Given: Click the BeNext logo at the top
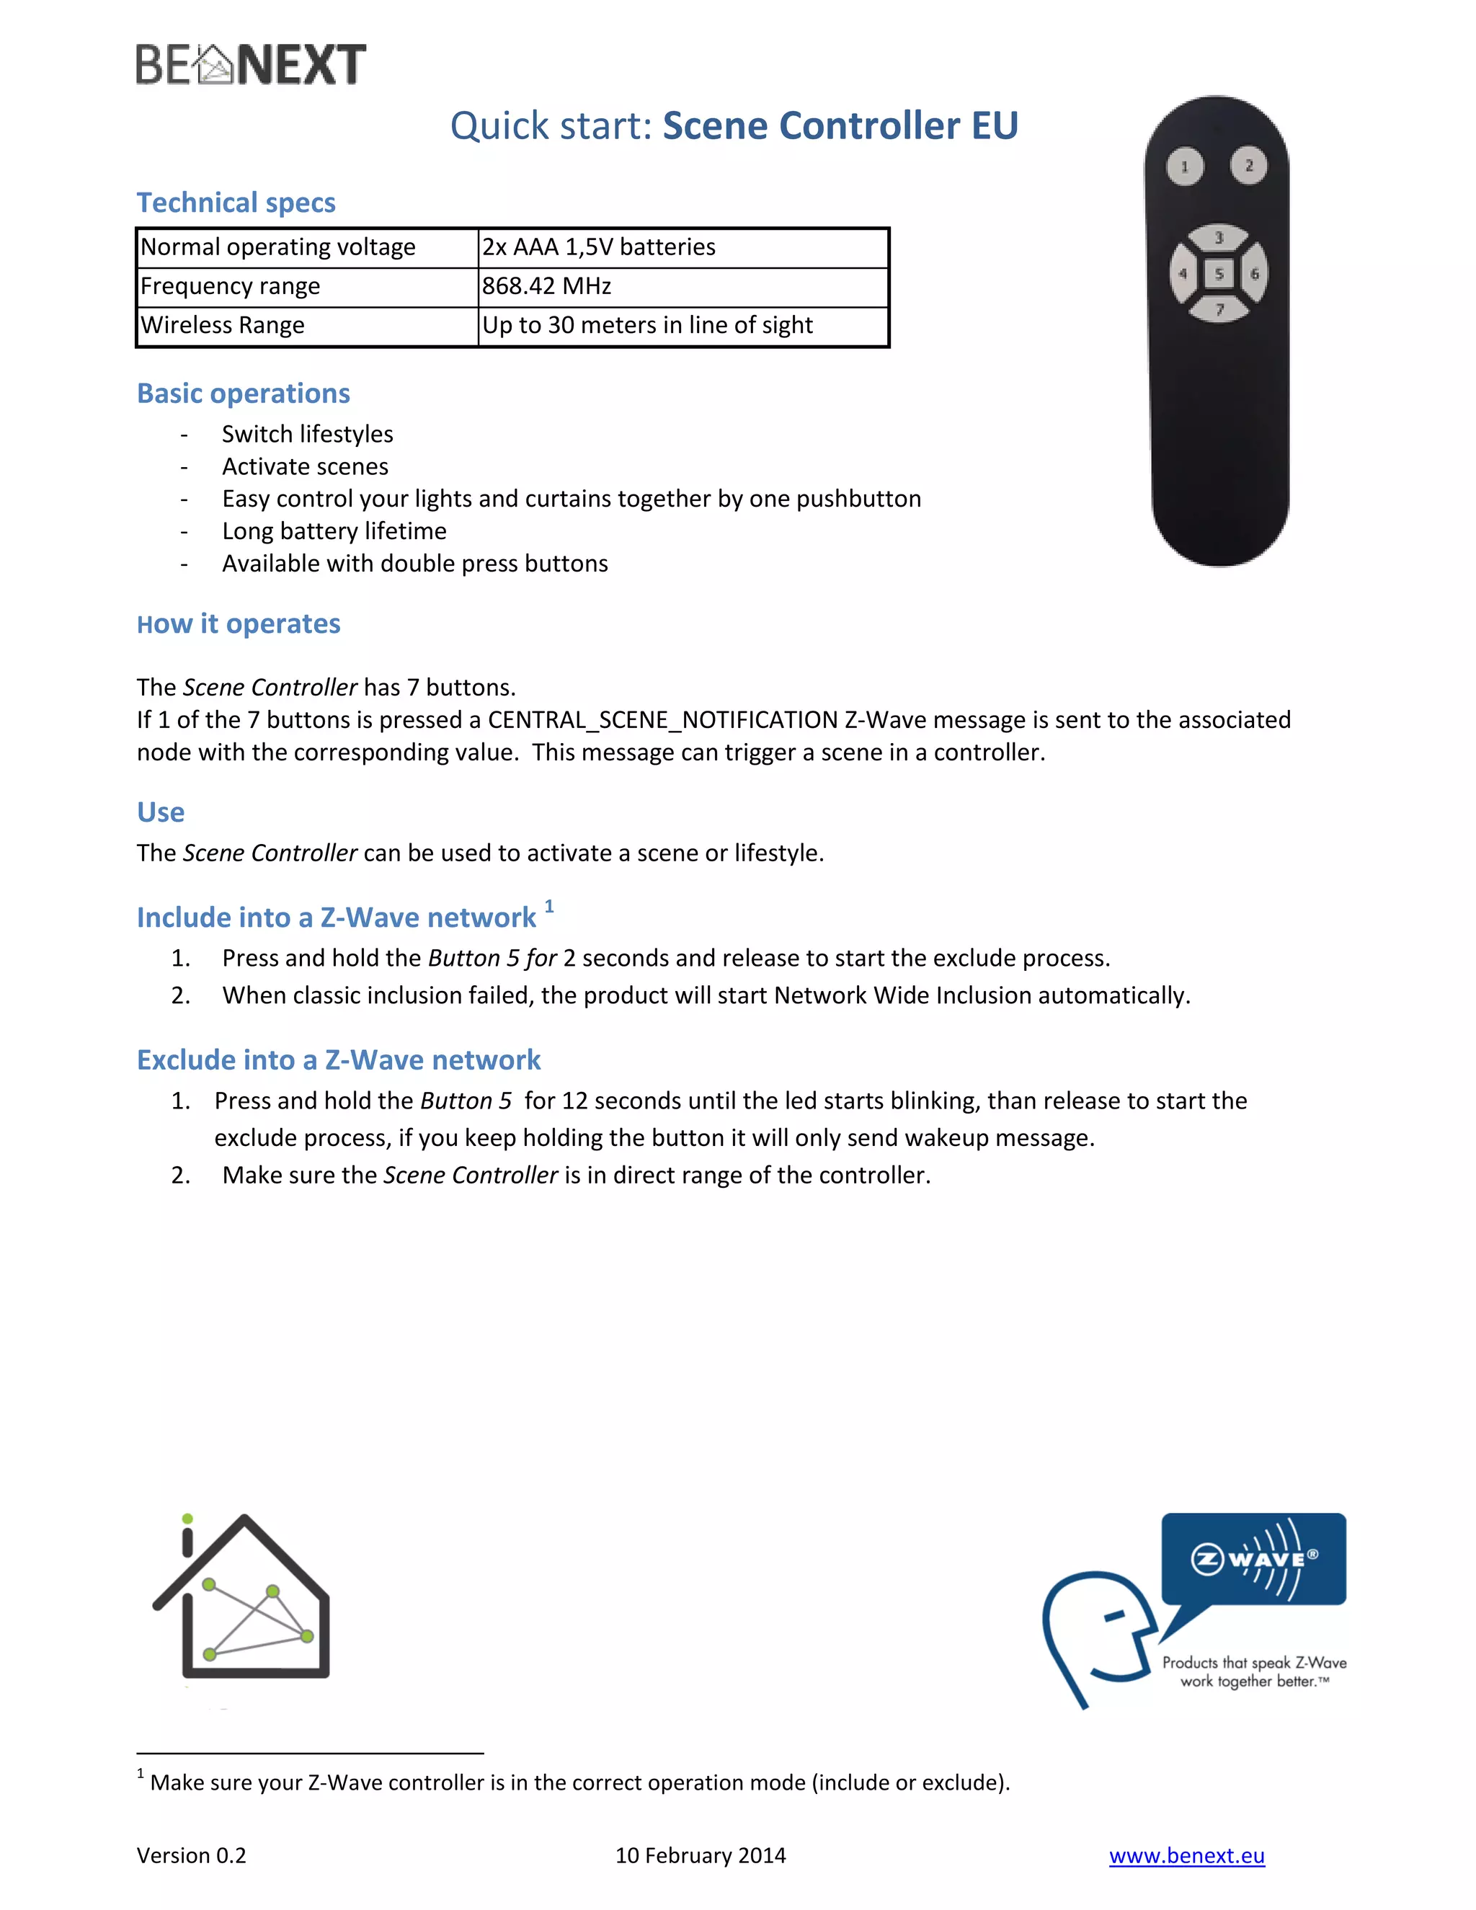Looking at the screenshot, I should tap(250, 65).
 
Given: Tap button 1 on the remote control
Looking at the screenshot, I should tap(1185, 166).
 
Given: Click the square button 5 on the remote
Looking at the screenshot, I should tap(1219, 274).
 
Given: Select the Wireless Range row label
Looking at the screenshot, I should tap(223, 325).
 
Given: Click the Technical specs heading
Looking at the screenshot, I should tap(236, 203).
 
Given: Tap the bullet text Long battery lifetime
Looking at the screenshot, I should tap(334, 531).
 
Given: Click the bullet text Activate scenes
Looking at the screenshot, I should tap(305, 466).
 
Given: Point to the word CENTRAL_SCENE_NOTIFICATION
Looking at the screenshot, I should tap(662, 720).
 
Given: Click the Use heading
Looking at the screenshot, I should tap(161, 812).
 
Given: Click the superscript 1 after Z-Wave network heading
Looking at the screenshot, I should tap(549, 907).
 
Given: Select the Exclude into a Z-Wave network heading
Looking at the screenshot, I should tap(339, 1060).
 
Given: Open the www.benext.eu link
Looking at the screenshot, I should tap(1186, 1856).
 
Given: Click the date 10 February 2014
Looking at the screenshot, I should tap(701, 1856).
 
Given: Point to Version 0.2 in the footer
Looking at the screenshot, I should tap(192, 1856).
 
